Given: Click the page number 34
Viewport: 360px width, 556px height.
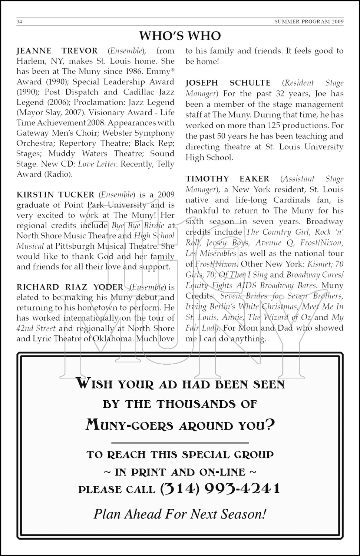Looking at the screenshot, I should pyautogui.click(x=20, y=21).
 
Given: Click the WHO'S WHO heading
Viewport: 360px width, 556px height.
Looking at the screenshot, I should pyautogui.click(x=180, y=36).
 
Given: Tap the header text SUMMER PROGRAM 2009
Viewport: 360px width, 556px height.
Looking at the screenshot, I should pyautogui.click(x=309, y=21).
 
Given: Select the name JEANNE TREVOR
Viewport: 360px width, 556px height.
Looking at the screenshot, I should pyautogui.click(x=57, y=51).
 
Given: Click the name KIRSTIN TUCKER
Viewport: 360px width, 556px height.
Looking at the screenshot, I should pyautogui.click(x=56, y=195).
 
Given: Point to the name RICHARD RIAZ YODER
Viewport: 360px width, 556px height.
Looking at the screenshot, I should pyautogui.click(x=70, y=287).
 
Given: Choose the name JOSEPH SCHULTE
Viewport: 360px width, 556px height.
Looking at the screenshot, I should pyautogui.click(x=228, y=83).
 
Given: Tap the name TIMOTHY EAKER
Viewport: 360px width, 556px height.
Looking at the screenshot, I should pyautogui.click(x=227, y=179).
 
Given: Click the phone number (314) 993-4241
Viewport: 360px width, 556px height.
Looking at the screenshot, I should pyautogui.click(x=220, y=489).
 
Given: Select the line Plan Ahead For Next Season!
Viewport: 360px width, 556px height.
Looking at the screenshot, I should pyautogui.click(x=180, y=514).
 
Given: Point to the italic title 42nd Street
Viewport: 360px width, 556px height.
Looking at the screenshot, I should pyautogui.click(x=36, y=328).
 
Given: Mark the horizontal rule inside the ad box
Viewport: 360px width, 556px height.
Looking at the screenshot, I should pyautogui.click(x=180, y=443).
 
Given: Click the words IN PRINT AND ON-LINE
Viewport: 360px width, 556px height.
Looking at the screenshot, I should pyautogui.click(x=180, y=472).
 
